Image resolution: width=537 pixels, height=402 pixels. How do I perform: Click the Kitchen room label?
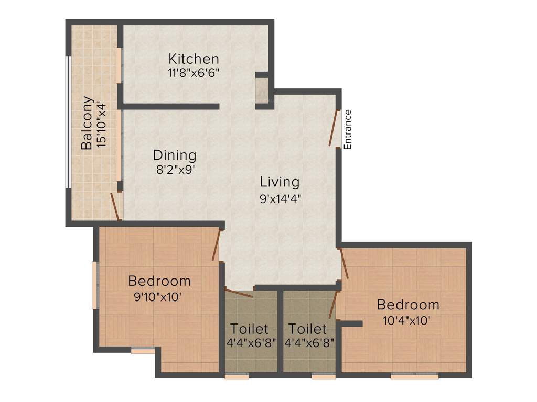point(194,58)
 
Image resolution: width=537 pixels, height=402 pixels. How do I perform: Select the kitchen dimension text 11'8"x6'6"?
point(194,72)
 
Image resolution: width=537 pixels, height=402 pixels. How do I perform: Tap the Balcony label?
point(87,123)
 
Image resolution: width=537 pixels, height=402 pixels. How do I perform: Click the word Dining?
point(175,155)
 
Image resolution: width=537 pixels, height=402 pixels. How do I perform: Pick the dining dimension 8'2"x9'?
point(175,169)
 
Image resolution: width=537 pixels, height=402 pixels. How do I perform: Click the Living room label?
point(280,182)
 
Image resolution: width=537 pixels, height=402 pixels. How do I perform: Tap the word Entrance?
point(347,129)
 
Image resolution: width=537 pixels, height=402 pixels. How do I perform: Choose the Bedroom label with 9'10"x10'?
point(159,281)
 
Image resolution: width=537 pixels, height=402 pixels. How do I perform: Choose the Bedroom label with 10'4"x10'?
point(408,305)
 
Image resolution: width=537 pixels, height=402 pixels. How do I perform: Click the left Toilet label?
point(250,329)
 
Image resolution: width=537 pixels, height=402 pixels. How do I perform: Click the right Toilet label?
point(308,329)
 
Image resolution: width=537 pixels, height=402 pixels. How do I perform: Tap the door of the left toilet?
point(239,293)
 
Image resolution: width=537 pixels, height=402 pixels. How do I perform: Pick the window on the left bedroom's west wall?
point(95,285)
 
